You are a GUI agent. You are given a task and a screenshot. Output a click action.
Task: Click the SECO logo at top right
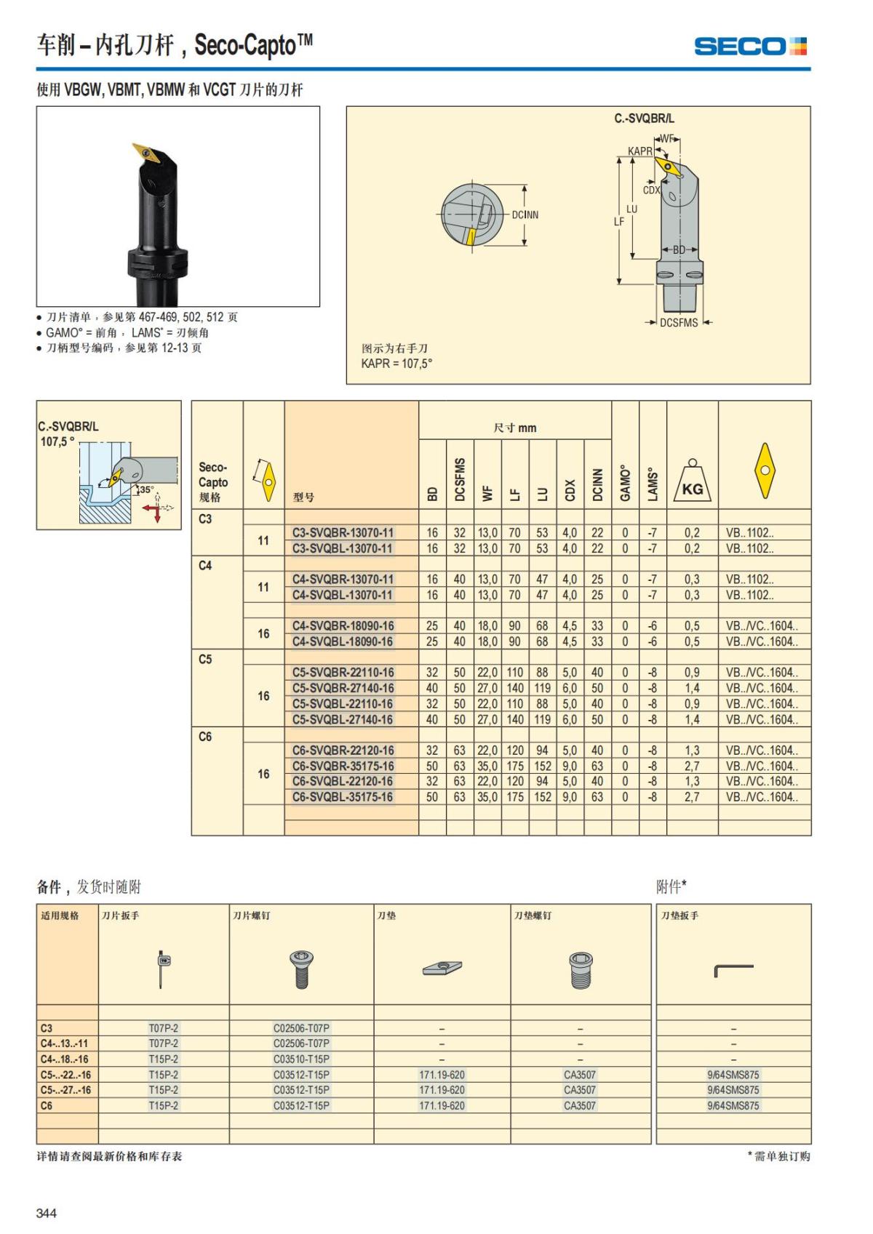(x=750, y=47)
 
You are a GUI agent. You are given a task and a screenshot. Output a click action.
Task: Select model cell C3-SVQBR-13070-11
(x=343, y=533)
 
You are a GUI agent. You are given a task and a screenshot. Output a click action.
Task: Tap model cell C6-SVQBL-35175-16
(x=343, y=797)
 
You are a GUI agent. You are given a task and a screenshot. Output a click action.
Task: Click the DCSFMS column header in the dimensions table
(x=460, y=479)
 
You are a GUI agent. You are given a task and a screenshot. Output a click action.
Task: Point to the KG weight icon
(x=693, y=481)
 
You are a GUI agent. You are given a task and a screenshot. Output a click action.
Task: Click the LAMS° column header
(x=653, y=484)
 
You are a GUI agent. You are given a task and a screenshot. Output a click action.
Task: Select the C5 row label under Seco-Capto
(x=205, y=660)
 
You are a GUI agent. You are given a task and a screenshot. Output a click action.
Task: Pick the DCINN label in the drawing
(x=525, y=215)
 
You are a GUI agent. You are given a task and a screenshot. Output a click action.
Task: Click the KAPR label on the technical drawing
(x=640, y=151)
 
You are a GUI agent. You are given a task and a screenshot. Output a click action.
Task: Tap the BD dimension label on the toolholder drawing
(x=679, y=249)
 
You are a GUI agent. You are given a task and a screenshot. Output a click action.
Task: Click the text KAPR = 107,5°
(x=396, y=364)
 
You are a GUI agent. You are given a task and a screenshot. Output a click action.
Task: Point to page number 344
(x=47, y=1213)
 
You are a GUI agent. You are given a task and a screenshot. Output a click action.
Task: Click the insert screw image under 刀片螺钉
(x=301, y=969)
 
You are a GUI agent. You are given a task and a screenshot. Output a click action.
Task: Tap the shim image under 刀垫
(x=442, y=968)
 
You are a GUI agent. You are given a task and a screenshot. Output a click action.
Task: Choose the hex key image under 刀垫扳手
(x=733, y=971)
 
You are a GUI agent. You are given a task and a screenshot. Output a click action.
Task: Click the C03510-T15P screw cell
(x=301, y=1059)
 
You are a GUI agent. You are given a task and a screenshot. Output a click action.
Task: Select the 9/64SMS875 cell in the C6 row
(x=733, y=1105)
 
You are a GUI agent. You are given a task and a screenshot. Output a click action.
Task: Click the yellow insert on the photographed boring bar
(x=146, y=153)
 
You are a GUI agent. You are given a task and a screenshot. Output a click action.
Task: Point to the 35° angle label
(x=147, y=489)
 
